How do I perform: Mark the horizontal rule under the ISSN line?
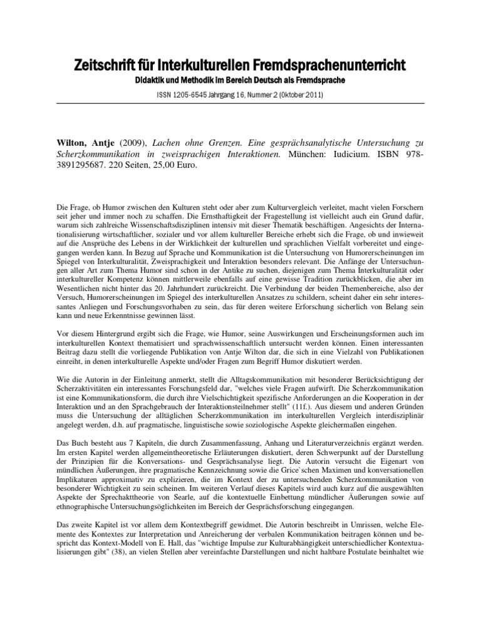tap(240, 104)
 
